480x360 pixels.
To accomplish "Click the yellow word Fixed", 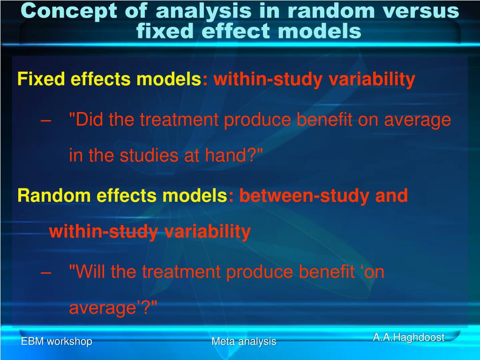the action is pyautogui.click(x=41, y=79).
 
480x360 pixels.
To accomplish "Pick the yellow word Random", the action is pyautogui.click(x=54, y=195).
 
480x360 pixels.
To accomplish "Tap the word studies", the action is pyautogui.click(x=149, y=155).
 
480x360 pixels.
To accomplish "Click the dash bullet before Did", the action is pyautogui.click(x=45, y=120).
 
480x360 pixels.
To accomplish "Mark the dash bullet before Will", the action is pyautogui.click(x=45, y=272).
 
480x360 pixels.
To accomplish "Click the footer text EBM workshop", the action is pyautogui.click(x=57, y=341).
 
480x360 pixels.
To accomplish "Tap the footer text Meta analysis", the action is pyautogui.click(x=244, y=341).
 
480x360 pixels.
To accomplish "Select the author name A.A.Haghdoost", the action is pyautogui.click(x=409, y=337).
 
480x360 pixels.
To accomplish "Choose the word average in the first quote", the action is pyautogui.click(x=418, y=120).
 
